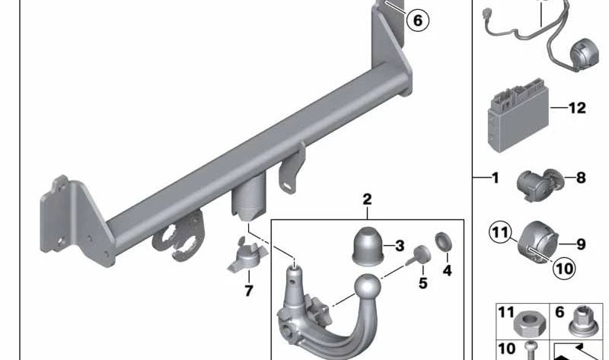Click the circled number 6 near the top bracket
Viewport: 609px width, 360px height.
pos(417,21)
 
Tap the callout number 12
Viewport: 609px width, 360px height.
pos(577,107)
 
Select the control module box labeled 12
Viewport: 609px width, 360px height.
pos(518,116)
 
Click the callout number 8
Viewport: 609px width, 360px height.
pos(581,178)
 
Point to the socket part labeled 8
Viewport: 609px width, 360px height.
pos(540,184)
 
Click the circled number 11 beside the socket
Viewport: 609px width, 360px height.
pos(500,232)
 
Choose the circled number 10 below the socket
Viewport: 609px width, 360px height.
pos(564,268)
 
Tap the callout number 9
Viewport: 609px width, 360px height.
pos(581,244)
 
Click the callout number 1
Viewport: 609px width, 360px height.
pos(496,178)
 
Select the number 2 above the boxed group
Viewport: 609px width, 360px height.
pos(367,199)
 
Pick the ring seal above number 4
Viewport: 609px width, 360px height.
pos(443,241)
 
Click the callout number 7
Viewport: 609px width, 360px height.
pos(249,291)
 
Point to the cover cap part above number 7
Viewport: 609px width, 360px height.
pos(247,255)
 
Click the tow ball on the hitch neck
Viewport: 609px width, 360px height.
pos(367,288)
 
